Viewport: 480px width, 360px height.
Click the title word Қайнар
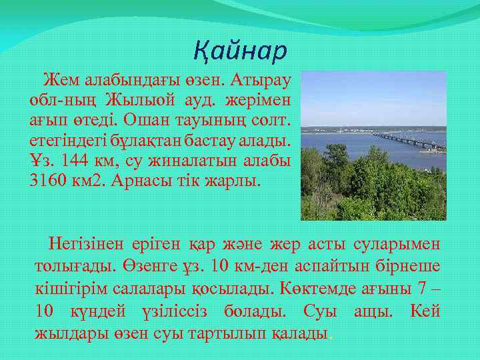click(x=240, y=50)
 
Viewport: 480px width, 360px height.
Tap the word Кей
click(x=425, y=311)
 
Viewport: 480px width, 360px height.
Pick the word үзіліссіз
click(x=178, y=311)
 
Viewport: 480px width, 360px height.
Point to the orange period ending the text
click(x=331, y=337)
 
